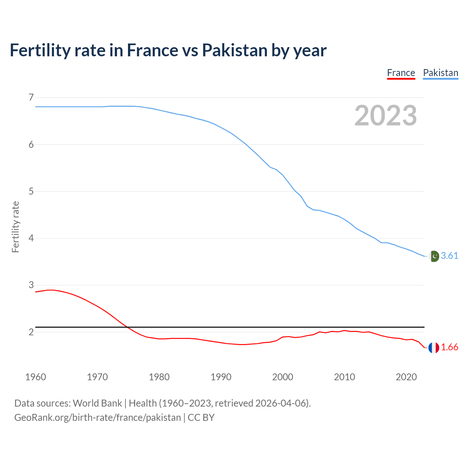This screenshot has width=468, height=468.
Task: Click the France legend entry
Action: (401, 73)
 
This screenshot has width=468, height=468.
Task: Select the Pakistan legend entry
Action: (440, 73)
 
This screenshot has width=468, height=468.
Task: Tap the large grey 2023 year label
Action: (385, 116)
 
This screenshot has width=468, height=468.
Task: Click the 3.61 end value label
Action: (449, 256)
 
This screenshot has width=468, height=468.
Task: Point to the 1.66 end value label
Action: (449, 347)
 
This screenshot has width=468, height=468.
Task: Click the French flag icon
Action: (434, 348)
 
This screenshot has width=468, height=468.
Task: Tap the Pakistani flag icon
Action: (434, 256)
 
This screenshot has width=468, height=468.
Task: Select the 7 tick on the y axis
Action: (31, 98)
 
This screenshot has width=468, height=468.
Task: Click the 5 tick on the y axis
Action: (31, 191)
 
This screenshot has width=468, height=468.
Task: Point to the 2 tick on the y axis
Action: (31, 332)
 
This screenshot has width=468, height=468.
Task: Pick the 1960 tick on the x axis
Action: (35, 377)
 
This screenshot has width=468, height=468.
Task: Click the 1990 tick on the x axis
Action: (221, 377)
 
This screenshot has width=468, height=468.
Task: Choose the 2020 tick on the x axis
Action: (406, 377)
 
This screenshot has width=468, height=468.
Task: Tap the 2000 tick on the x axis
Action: (283, 377)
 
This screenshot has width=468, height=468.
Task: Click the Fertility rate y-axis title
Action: (15, 227)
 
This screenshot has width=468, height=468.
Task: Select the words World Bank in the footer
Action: (97, 403)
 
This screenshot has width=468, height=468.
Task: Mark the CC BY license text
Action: (201, 418)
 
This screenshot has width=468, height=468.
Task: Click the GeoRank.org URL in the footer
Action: (97, 418)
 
